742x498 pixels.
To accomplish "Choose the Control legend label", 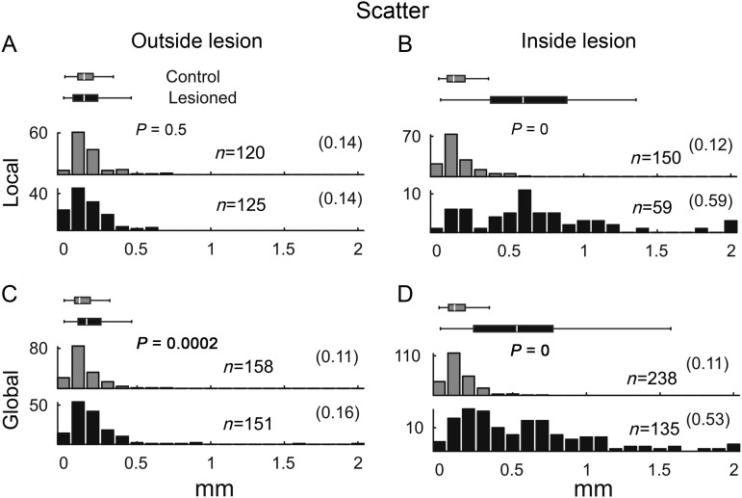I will pyautogui.click(x=193, y=77).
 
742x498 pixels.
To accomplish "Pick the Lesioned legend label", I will pyautogui.click(x=202, y=97).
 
